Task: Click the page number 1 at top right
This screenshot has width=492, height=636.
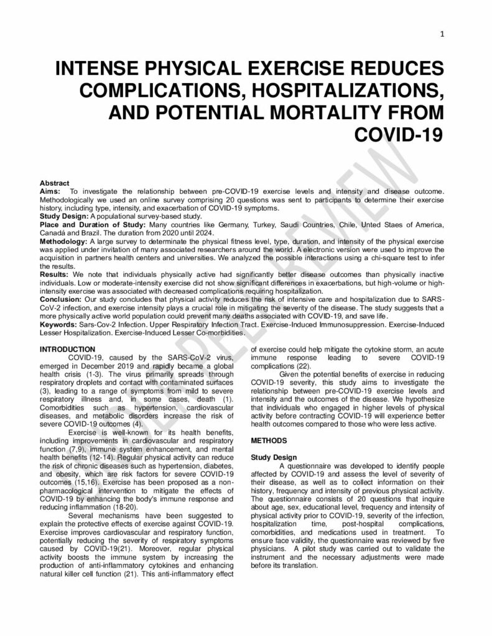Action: [x=441, y=34]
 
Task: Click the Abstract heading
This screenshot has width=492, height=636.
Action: [x=54, y=184]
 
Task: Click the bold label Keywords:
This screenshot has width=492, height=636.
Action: [x=58, y=324]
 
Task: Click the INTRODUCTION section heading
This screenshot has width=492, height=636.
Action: [x=67, y=350]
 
